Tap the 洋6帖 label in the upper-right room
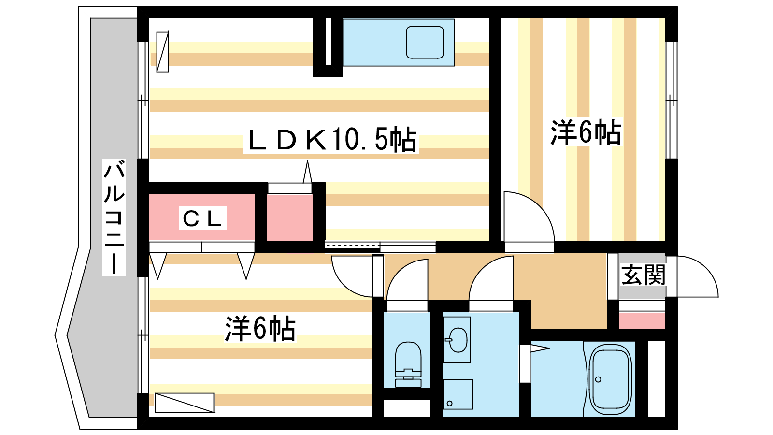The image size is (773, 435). coord(586,132)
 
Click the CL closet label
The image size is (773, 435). coord(202,218)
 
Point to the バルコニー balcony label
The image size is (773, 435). coord(114,217)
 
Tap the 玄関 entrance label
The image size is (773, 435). coord(643,275)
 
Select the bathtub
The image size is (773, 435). coord(610,379)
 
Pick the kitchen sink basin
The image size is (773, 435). coord(425,43)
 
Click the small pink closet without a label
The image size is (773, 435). coord(289,217)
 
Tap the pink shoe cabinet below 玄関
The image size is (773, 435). coord(642,321)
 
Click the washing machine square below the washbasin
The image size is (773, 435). coord(458,394)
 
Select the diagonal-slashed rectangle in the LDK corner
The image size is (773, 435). coord(162,52)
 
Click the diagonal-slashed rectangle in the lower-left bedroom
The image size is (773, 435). coord(184,403)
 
